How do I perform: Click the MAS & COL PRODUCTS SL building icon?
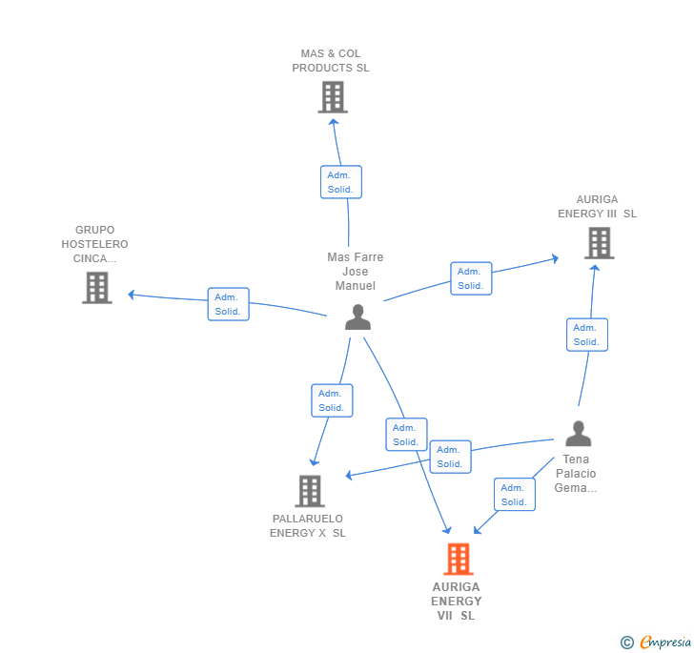pos(333,97)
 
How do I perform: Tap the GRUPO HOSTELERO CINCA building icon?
pos(96,287)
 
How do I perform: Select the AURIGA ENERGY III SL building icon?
pos(599,243)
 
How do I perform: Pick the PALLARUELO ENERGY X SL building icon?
pos(310,491)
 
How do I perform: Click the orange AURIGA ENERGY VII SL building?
pos(459,559)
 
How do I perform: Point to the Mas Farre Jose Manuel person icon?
pos(357,317)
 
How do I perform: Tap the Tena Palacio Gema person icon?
pos(578,434)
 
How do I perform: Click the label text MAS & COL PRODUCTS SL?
pos(331,61)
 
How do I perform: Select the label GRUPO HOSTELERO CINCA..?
pos(94,244)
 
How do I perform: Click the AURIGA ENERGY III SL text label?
pos(598,207)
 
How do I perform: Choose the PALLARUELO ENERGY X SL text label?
pos(308,526)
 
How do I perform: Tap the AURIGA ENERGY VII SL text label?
pos(457,602)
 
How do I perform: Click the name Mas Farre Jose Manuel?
pos(356,272)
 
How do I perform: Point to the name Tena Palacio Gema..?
pos(576,474)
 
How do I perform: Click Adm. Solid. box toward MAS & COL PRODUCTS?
pos(340,182)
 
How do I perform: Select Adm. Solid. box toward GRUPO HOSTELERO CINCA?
pos(228,304)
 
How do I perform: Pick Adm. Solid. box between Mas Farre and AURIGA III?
pos(471,278)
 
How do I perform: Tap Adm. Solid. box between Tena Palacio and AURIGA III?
pos(587,335)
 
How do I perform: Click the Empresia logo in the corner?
pos(657,643)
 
